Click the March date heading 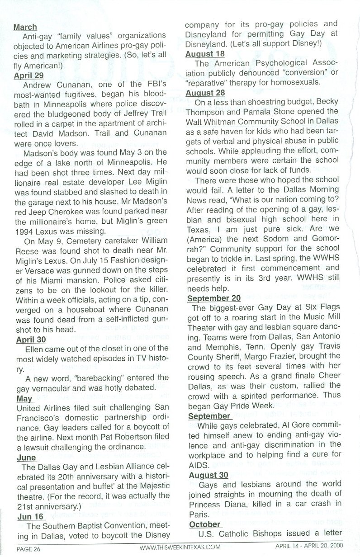coord(25,28)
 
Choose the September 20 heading coord(213,298)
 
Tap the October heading coord(204,524)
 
